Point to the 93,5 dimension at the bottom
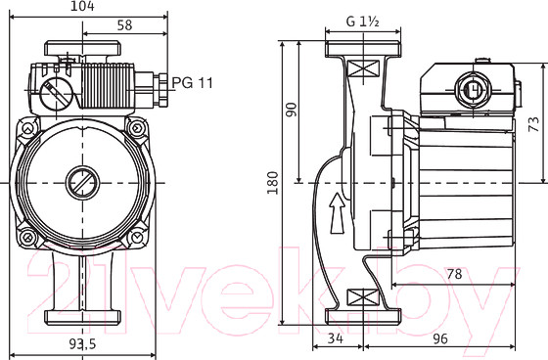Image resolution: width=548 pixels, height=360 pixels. [83, 345]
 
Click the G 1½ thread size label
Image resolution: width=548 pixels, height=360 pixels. [363, 22]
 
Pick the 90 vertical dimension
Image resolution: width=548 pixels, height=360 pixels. [291, 110]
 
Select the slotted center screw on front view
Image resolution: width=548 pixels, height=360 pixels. [81, 182]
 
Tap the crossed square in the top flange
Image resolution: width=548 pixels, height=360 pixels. [363, 70]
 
